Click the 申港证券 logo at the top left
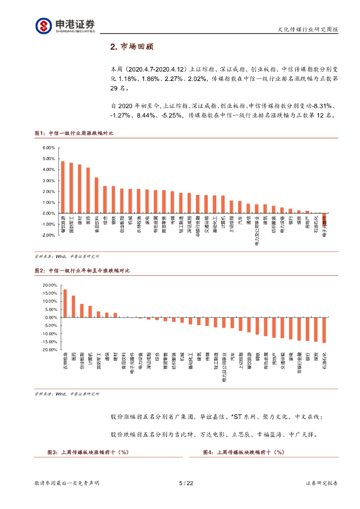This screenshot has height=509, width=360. [x=65, y=25]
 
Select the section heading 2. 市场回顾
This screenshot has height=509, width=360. [x=132, y=47]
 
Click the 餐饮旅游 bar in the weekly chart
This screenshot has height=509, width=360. [x=63, y=187]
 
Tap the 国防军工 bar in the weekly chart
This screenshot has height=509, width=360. [x=71, y=188]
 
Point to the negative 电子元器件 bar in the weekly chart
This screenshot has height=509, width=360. [x=324, y=218]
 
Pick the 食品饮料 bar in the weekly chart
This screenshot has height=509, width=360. [x=96, y=195]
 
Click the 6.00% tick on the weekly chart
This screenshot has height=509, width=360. [x=48, y=148]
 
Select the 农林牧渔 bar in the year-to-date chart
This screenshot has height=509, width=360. [x=65, y=303]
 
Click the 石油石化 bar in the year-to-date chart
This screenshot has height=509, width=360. [x=324, y=330]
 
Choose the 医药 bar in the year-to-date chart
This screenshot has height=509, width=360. [x=73, y=307]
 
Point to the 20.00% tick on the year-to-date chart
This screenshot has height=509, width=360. [x=51, y=285]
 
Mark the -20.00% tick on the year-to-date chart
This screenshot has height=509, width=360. [x=50, y=350]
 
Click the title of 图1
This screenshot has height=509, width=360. [x=74, y=133]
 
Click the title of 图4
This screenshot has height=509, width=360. [x=244, y=452]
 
